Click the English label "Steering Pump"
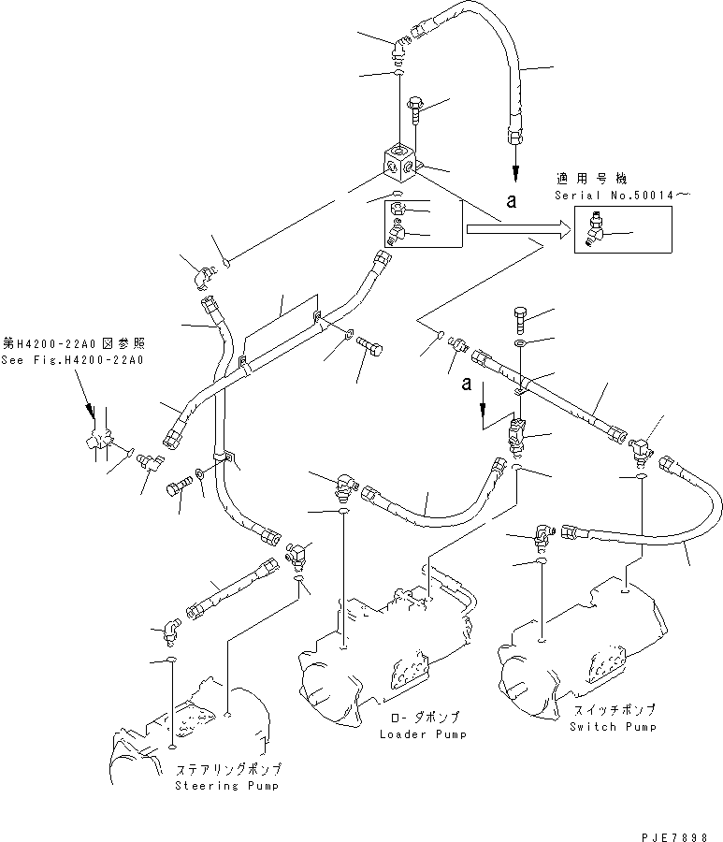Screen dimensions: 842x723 pyautogui.click(x=227, y=785)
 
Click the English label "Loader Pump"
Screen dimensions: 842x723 pyautogui.click(x=423, y=734)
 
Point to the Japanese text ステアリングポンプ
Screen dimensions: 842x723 pyautogui.click(x=227, y=769)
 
